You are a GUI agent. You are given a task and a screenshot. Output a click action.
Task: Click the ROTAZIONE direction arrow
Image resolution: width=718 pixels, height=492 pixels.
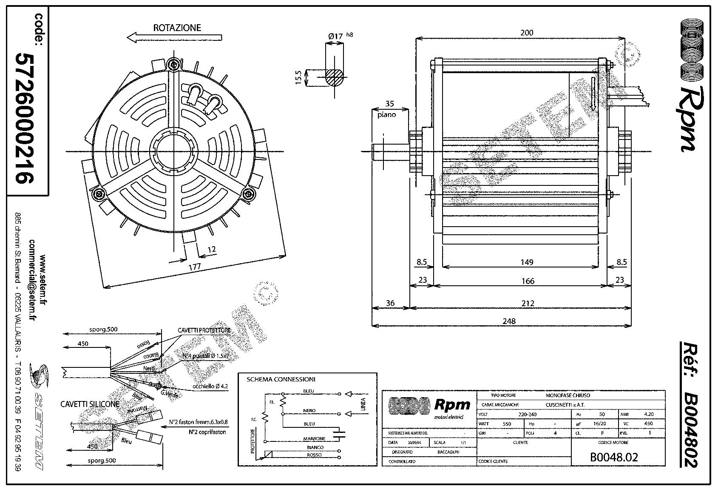(x=174, y=38)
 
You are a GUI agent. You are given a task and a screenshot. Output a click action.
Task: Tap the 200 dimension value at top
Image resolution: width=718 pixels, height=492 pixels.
(x=526, y=33)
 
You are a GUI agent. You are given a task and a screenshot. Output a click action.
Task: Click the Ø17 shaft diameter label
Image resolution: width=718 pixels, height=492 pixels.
(x=335, y=37)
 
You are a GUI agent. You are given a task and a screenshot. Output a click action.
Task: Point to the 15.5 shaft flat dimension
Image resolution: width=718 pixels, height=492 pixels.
(x=298, y=78)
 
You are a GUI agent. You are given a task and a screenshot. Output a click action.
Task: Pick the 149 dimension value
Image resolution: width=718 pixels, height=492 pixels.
(x=526, y=262)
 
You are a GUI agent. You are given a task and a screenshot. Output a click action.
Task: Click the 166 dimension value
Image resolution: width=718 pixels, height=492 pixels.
(x=527, y=281)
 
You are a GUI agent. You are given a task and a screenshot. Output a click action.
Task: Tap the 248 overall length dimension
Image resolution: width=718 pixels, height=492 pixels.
(x=509, y=321)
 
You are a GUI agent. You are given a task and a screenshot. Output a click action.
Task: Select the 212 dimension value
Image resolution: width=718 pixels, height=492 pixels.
(x=527, y=303)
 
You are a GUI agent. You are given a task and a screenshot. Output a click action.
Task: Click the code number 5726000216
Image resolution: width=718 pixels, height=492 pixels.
(x=24, y=118)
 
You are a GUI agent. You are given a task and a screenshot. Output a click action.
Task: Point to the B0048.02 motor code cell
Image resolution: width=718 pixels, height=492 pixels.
(x=613, y=457)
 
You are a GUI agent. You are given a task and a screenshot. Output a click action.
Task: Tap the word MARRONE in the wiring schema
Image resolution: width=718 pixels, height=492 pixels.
(x=314, y=438)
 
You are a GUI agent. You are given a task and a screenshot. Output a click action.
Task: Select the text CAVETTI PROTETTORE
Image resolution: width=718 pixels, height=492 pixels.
(x=204, y=330)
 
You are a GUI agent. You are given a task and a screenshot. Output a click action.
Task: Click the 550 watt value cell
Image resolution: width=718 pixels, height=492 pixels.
(x=506, y=424)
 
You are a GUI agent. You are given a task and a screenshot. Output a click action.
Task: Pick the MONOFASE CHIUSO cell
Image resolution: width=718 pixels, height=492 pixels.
(x=568, y=395)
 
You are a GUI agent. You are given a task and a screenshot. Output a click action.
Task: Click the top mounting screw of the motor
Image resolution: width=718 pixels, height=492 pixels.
(x=173, y=64)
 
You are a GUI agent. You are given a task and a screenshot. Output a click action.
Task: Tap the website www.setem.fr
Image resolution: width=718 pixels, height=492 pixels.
(x=42, y=280)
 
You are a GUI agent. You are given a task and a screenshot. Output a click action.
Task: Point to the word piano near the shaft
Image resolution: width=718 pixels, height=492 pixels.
(x=386, y=114)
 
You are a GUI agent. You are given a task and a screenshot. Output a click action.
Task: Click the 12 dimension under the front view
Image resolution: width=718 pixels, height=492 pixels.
(x=211, y=249)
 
